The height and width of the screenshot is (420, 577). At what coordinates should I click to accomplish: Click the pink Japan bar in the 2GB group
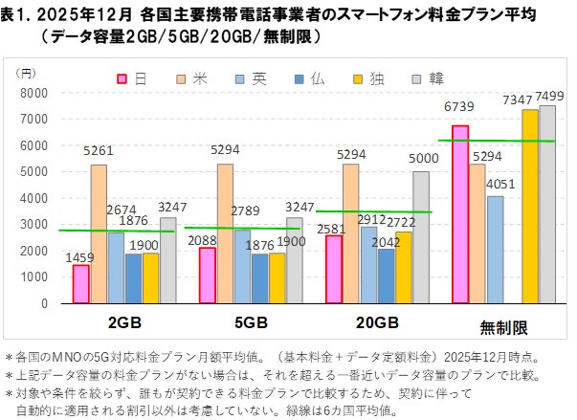point(80,283)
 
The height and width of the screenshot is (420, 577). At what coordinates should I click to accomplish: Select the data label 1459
point(79,256)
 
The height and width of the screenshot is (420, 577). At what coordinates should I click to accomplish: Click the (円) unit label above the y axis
point(29,72)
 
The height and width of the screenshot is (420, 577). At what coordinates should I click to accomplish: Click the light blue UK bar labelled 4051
point(495,249)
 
